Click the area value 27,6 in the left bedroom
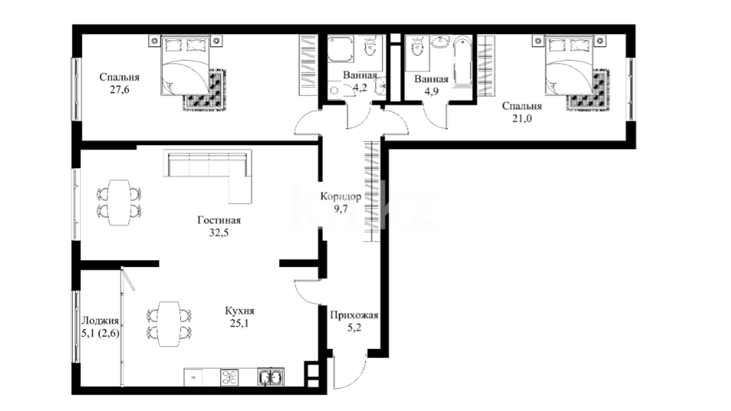(x=119, y=90)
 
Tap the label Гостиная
(x=219, y=220)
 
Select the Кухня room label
(x=239, y=311)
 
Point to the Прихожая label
(x=354, y=315)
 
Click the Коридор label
(x=340, y=196)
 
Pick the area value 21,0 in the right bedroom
(x=522, y=119)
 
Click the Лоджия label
(x=100, y=321)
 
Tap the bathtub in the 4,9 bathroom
(x=463, y=62)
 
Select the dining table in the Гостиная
(x=119, y=202)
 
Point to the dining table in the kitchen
(x=169, y=324)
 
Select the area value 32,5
(x=219, y=233)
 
